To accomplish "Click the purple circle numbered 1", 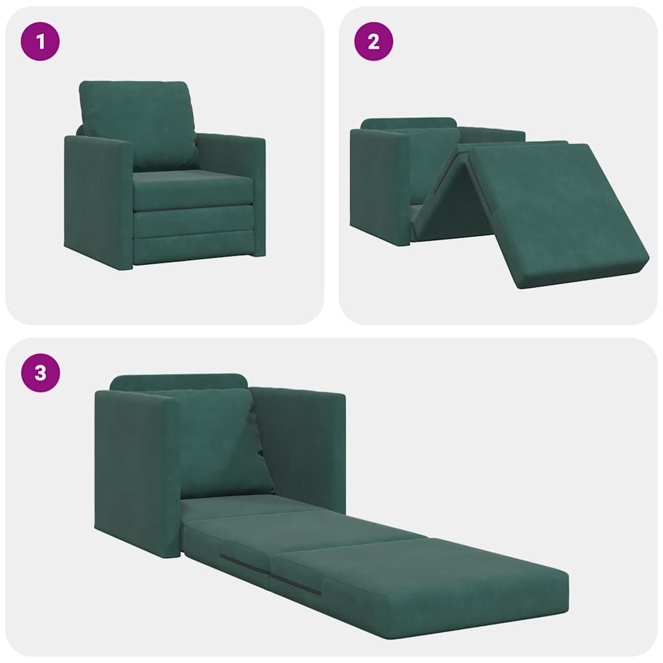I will click(41, 43).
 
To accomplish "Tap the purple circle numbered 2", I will click(374, 43).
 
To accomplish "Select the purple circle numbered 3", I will click(41, 374).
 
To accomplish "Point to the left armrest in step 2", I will click(379, 185).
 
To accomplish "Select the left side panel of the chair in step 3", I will click(136, 473).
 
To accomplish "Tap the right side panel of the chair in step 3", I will click(301, 447).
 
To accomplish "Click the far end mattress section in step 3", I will click(421, 583).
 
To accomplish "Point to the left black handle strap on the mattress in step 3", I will click(243, 563).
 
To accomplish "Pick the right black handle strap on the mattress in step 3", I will click(295, 583).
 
